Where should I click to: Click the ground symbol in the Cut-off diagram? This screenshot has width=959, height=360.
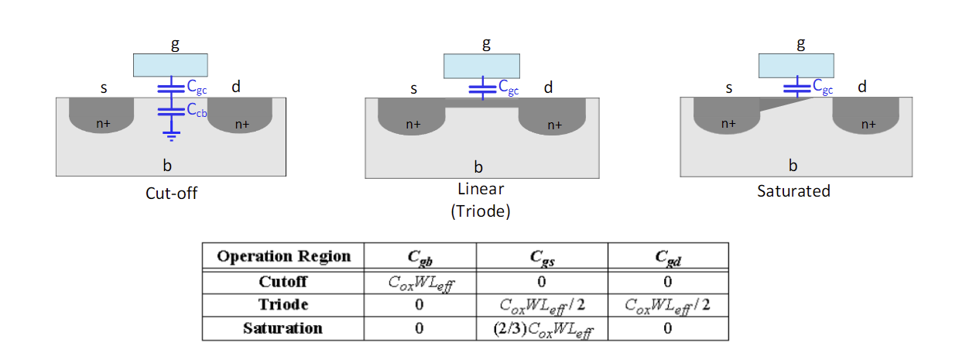click(171, 136)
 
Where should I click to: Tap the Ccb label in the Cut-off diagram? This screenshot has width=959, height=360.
click(197, 110)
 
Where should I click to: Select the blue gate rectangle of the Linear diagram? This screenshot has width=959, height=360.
click(481, 66)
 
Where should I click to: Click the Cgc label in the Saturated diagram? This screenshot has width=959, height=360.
click(823, 87)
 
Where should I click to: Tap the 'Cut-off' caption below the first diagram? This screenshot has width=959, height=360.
click(171, 194)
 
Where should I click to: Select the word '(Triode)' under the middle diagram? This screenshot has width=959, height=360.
click(481, 211)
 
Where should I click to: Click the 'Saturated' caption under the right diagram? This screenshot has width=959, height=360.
click(793, 191)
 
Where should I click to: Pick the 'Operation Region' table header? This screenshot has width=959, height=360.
click(283, 256)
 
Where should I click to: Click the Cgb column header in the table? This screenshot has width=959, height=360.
click(420, 258)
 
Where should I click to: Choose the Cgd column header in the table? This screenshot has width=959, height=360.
click(668, 258)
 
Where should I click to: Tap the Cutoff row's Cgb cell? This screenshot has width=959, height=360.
click(421, 283)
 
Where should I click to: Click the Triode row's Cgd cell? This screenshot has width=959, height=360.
click(667, 306)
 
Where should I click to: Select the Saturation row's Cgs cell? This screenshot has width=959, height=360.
click(543, 329)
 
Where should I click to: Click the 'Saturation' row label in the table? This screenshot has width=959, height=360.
click(283, 328)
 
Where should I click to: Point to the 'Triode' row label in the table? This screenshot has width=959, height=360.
click(283, 304)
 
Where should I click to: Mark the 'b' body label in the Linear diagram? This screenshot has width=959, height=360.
click(478, 167)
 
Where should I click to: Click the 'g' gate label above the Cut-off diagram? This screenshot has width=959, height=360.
click(175, 45)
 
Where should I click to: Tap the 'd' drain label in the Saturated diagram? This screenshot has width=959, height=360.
click(862, 87)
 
